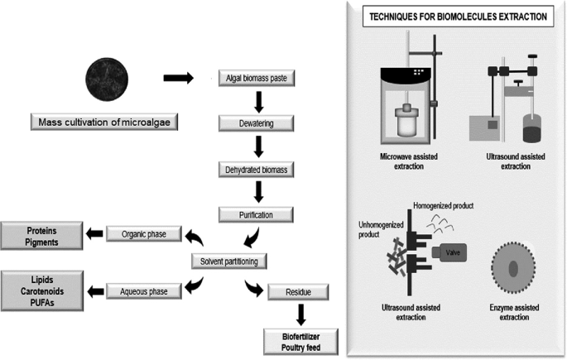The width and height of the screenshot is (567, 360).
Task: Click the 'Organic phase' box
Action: tap(143, 234)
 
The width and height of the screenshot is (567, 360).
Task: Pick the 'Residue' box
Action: tap(290, 290)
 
